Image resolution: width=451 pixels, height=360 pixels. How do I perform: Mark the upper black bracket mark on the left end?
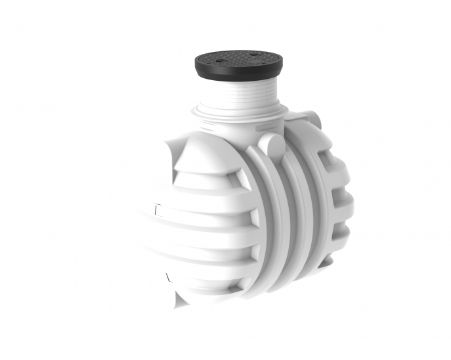pos(156,210)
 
